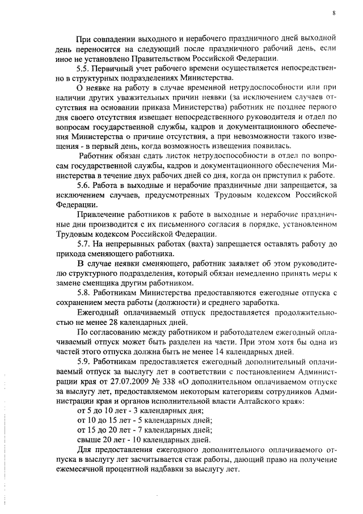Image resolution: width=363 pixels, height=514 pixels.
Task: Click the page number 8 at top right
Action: (334, 13)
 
